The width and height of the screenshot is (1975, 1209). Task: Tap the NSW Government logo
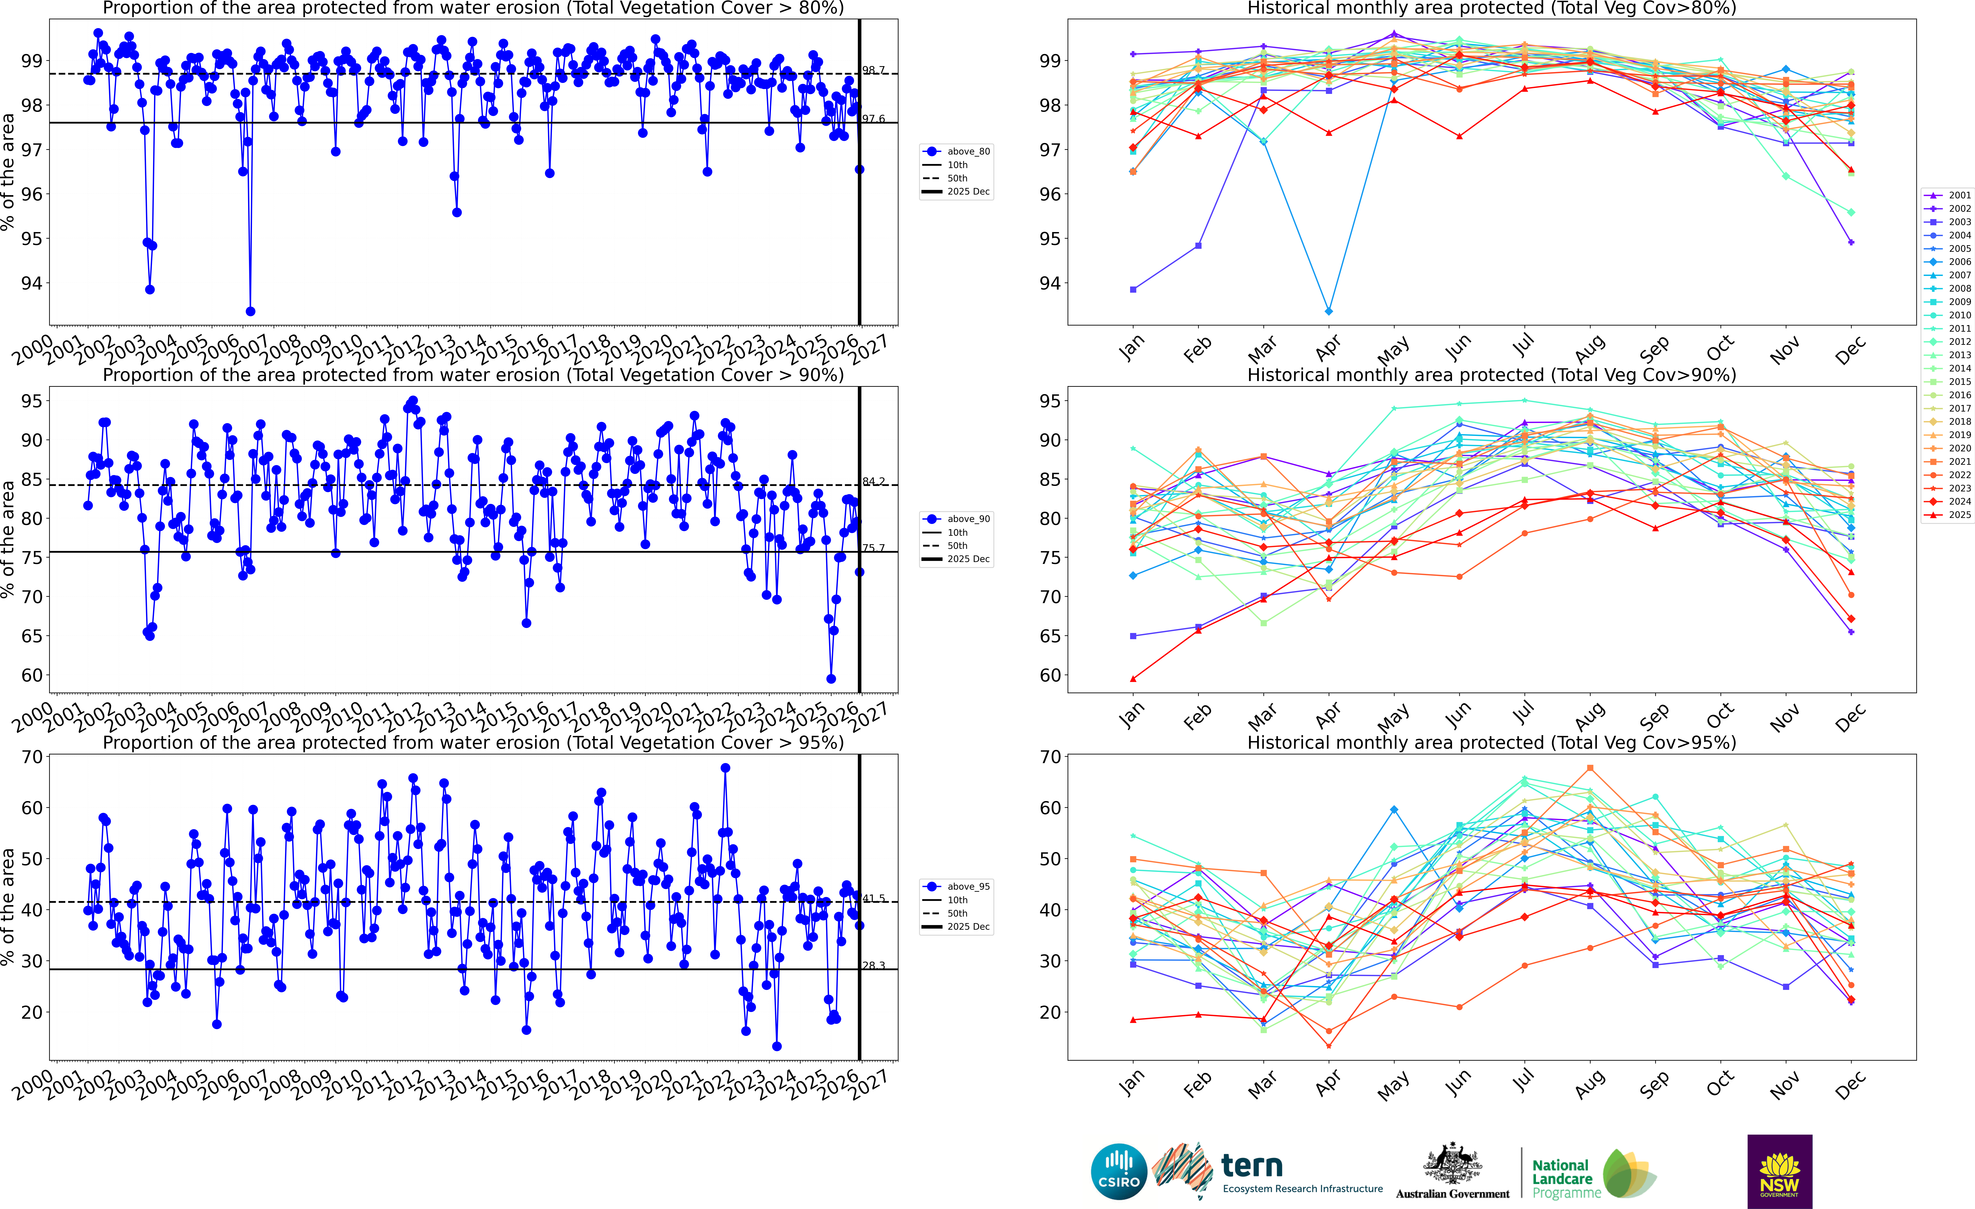pyautogui.click(x=1779, y=1171)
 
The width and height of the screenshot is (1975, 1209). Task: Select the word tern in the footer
pyautogui.click(x=1252, y=1165)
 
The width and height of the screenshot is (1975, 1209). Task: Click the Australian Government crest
pyautogui.click(x=1452, y=1164)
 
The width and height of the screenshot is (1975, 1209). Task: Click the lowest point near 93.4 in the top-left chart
pyautogui.click(x=250, y=311)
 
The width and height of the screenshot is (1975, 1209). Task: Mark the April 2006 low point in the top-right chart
pyautogui.click(x=1329, y=311)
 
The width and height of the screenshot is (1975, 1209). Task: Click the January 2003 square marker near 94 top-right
pyautogui.click(x=1133, y=289)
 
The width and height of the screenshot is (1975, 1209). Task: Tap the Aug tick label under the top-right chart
pyautogui.click(x=1590, y=348)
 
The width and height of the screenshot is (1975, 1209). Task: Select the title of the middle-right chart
pyautogui.click(x=1492, y=375)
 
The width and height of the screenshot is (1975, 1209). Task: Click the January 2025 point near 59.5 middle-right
pyautogui.click(x=1133, y=679)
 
